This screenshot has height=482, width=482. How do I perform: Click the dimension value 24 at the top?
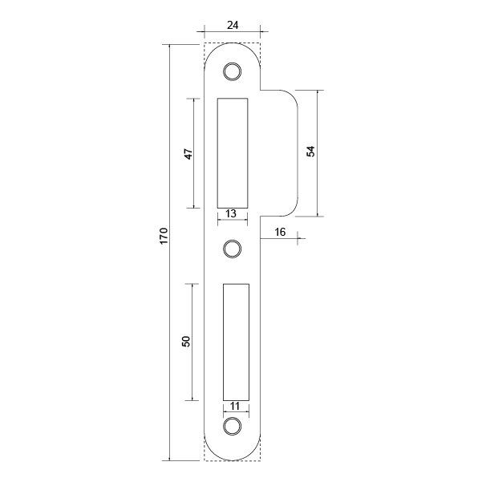(x=233, y=24)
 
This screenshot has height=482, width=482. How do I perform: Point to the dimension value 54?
(x=310, y=152)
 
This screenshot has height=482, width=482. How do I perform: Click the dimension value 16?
(x=280, y=232)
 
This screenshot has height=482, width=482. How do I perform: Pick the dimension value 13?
(x=230, y=213)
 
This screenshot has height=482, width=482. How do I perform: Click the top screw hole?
(x=233, y=71)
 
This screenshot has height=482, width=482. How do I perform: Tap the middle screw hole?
(x=233, y=249)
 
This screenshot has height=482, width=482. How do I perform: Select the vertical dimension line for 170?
(x=171, y=321)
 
